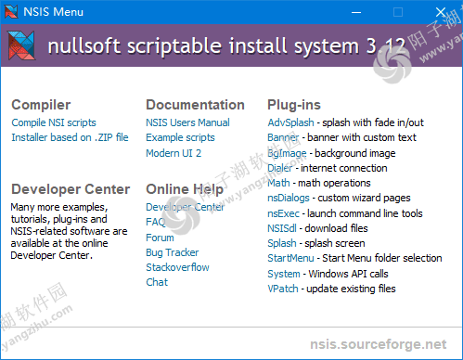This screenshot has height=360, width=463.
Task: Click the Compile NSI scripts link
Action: [x=54, y=122]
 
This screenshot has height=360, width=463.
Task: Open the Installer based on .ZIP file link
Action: [x=70, y=137]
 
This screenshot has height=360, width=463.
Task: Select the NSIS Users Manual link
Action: [x=187, y=122]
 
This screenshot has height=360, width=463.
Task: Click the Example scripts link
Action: [x=180, y=137]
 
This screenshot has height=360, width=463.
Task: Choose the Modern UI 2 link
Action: [x=174, y=152]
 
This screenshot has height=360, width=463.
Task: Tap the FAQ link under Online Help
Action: [x=156, y=223]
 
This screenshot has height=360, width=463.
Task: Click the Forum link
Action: [x=160, y=238]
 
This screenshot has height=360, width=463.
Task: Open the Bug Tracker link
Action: [x=172, y=252]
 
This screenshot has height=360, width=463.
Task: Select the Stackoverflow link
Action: [x=177, y=267]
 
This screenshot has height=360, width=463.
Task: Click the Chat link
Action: [x=157, y=282]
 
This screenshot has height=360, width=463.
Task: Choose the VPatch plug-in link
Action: [x=283, y=288]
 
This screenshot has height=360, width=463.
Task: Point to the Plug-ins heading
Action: [x=295, y=105]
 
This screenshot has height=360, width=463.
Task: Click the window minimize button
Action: [x=355, y=12]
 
